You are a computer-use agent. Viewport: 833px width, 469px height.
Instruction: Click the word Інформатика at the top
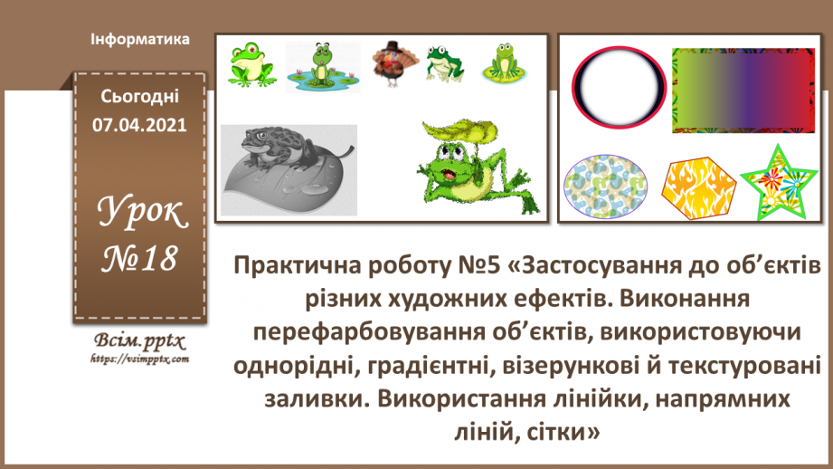point(140,40)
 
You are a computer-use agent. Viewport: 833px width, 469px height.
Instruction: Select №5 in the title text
point(478,267)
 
